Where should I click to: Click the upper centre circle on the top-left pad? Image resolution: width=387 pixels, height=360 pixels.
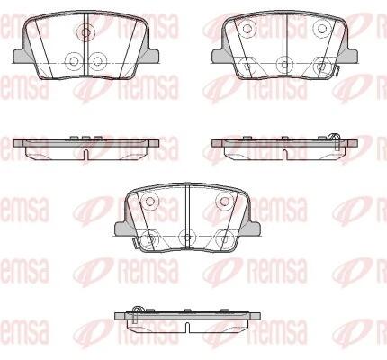[x=85, y=31]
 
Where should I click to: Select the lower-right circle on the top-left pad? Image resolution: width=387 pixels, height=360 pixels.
[x=98, y=61]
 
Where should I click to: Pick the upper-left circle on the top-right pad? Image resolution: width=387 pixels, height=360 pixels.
[x=247, y=29]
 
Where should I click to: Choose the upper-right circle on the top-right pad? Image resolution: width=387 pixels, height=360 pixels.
[x=322, y=29]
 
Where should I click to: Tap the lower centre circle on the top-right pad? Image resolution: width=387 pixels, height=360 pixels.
[x=284, y=64]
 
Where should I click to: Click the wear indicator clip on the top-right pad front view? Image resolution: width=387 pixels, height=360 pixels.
[x=337, y=70]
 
